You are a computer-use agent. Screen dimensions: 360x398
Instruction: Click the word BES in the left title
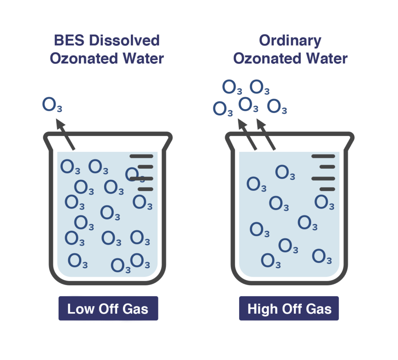(x=69, y=41)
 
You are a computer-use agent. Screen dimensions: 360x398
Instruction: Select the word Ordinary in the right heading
(x=290, y=41)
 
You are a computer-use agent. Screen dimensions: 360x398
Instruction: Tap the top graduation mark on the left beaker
(x=141, y=156)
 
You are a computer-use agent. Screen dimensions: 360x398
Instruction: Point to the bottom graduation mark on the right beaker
(x=327, y=189)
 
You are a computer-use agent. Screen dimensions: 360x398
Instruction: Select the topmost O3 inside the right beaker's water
(x=285, y=173)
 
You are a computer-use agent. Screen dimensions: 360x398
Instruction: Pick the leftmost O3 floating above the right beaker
(x=223, y=109)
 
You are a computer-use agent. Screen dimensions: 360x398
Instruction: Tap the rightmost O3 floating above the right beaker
(x=277, y=107)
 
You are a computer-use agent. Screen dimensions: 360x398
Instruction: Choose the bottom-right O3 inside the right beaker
(x=322, y=257)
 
